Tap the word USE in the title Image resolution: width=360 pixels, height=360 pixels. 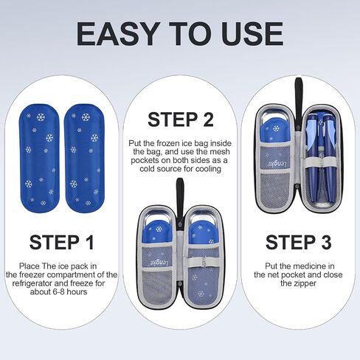[x=252, y=34]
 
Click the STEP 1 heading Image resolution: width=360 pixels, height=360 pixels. [x=62, y=243]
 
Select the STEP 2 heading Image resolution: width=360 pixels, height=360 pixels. [x=181, y=120]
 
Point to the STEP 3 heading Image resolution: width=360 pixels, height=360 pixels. [x=299, y=243]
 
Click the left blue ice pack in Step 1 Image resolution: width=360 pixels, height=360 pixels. [x=40, y=159]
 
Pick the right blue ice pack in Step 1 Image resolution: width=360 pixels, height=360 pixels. [x=84, y=159]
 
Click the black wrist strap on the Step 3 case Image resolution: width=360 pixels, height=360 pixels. [x=298, y=98]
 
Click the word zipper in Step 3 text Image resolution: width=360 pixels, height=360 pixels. [x=305, y=283]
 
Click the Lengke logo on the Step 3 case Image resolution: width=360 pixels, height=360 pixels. [x=276, y=163]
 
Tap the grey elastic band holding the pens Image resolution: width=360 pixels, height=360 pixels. [x=321, y=162]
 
